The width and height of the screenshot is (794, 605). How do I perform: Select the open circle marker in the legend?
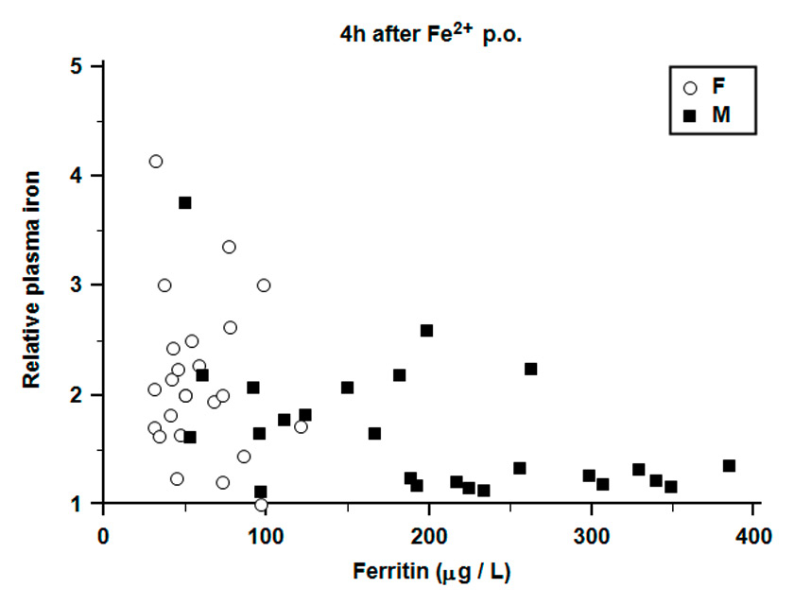690,88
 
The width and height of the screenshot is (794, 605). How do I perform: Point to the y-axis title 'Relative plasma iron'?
32,283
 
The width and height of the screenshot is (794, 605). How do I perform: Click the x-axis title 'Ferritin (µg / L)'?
427,571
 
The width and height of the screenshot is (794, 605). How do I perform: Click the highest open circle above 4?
156,161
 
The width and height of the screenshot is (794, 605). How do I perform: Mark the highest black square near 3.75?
185,202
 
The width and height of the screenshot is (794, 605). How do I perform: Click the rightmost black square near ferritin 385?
729,465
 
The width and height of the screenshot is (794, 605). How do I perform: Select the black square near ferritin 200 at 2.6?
426,330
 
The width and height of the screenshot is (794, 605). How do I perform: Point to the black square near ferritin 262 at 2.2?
530,369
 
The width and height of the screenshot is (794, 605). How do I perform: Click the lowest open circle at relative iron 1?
261,505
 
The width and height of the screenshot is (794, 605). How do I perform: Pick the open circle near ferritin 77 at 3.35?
229,247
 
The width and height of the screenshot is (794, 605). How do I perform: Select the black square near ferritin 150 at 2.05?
347,388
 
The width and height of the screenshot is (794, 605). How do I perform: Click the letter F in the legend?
718,88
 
